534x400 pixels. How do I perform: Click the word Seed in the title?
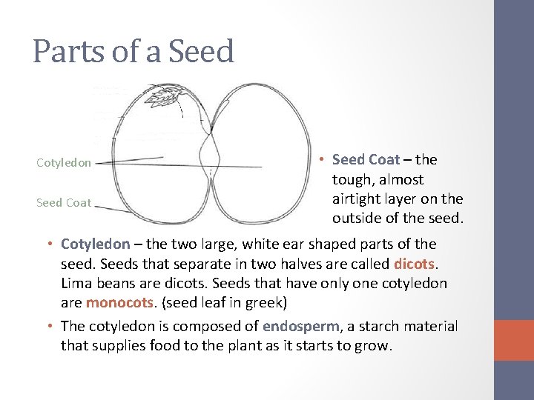point(201,52)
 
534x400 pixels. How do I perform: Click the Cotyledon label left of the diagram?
point(64,163)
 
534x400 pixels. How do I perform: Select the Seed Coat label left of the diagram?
point(64,202)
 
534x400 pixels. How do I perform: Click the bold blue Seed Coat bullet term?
point(366,159)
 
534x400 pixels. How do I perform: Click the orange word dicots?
point(415,264)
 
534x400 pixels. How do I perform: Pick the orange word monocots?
point(117,302)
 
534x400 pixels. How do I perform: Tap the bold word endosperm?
point(300,326)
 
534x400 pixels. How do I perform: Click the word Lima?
point(76,283)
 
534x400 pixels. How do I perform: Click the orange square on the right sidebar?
point(514,340)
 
